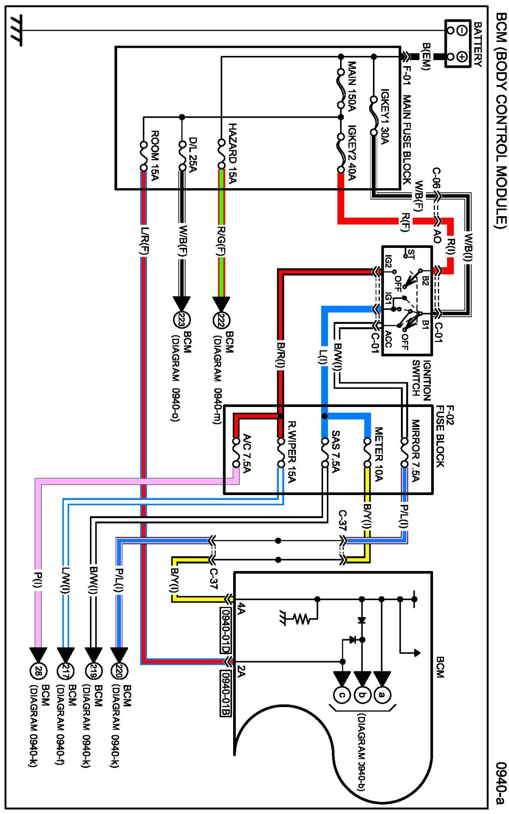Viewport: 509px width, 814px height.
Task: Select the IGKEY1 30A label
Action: tap(385, 117)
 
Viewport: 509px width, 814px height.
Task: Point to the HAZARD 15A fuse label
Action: tap(232, 153)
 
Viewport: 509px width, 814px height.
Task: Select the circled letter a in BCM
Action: tap(382, 695)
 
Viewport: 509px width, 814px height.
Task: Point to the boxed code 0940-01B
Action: tap(225, 693)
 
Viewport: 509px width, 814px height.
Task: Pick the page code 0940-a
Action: tap(500, 783)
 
